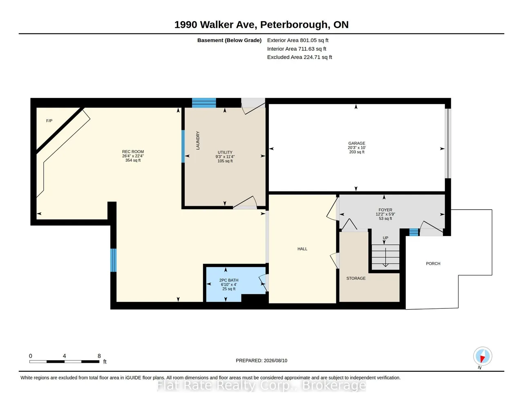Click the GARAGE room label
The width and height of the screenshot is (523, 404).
point(357,143)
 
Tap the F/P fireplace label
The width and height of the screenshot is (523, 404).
point(49,121)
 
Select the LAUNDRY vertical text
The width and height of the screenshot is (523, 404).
point(198,140)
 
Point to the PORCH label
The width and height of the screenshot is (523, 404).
point(433,263)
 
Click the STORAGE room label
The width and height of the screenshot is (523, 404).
point(356,278)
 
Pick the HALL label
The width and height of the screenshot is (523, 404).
point(302,249)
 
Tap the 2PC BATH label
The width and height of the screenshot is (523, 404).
point(229,280)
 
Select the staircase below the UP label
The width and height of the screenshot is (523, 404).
point(386,257)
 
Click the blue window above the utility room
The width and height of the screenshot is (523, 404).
point(204,103)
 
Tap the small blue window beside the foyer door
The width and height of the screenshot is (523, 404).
point(414,232)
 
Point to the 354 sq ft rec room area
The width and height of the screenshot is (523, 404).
point(133,160)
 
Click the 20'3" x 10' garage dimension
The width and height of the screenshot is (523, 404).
point(357,148)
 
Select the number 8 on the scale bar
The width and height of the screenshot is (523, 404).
point(99,356)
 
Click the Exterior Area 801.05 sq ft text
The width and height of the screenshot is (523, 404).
point(298,40)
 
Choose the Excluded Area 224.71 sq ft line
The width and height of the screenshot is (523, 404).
point(299,57)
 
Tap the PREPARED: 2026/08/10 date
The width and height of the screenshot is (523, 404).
point(261,360)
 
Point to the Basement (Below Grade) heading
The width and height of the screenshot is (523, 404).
point(229,40)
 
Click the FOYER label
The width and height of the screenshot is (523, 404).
point(385,210)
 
